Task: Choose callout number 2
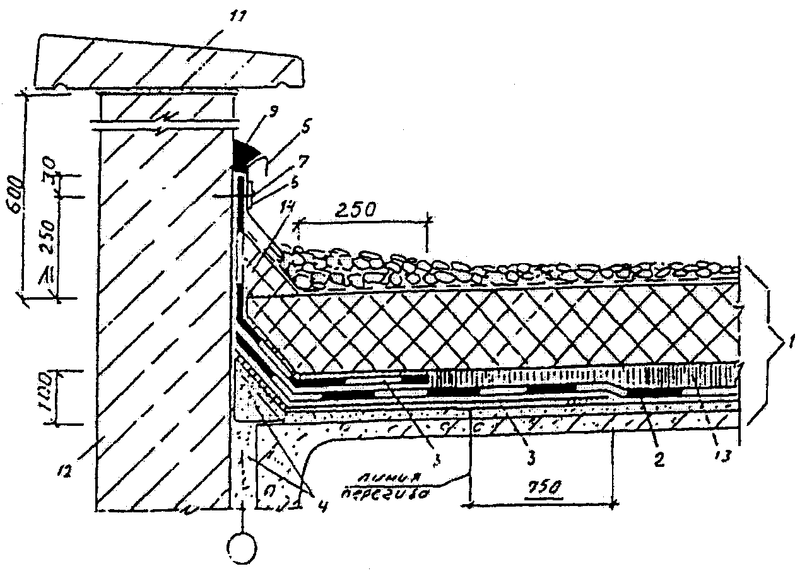pyautogui.click(x=658, y=460)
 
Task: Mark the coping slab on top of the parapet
pyautogui.click(x=170, y=62)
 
